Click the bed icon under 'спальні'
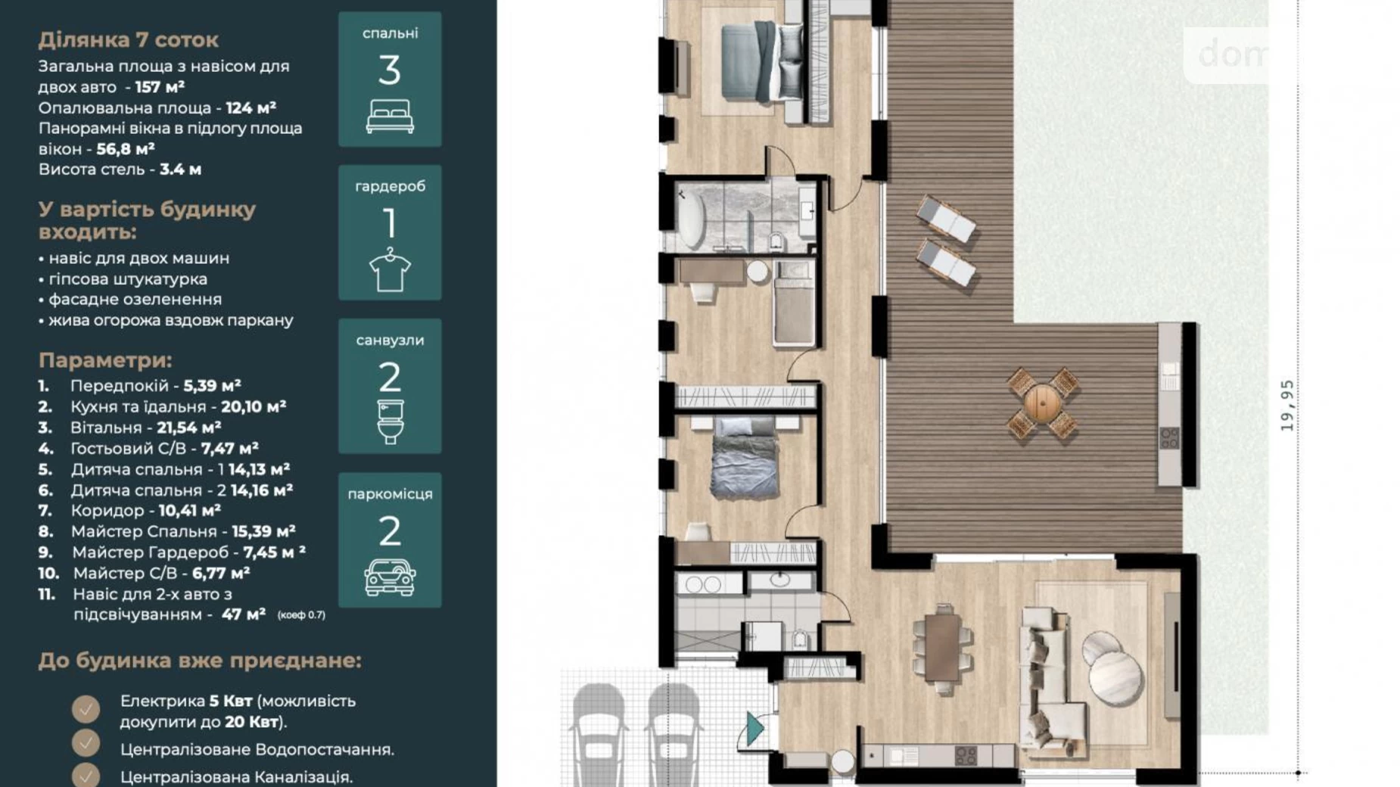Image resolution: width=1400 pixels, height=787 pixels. click(x=390, y=117)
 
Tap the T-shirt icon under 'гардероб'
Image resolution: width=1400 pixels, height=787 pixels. click(x=390, y=269)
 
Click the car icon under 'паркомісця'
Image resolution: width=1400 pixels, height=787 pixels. click(x=390, y=577)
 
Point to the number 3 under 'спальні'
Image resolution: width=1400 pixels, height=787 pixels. click(x=389, y=70)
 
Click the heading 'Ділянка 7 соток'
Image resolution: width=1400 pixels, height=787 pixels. click(x=129, y=39)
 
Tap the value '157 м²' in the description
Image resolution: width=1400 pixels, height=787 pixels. click(x=160, y=87)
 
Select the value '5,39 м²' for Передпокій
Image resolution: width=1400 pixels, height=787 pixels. click(x=212, y=386)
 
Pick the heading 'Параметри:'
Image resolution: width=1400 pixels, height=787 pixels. click(x=105, y=360)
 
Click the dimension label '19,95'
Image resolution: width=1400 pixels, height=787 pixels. click(x=1286, y=406)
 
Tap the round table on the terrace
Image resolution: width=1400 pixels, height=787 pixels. click(x=1043, y=403)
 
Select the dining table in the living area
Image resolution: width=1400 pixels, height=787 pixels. click(x=942, y=648)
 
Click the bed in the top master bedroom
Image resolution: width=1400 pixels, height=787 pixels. click(x=761, y=61)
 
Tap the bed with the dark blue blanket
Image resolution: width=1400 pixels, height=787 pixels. click(x=745, y=458)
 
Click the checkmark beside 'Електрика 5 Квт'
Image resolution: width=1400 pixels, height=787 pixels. click(x=86, y=710)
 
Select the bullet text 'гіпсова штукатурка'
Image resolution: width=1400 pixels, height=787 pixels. click(x=127, y=279)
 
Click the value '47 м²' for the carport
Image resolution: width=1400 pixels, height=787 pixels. click(x=243, y=614)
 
